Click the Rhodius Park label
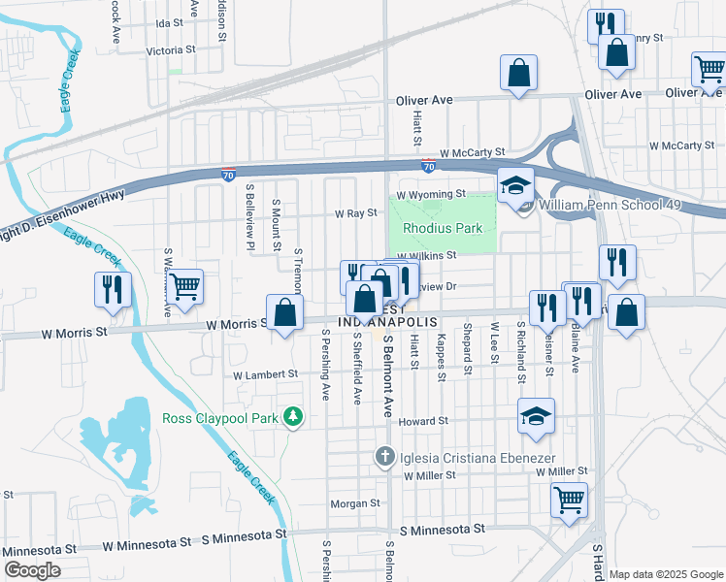[x=437, y=229]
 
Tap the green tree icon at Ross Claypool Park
[x=292, y=417]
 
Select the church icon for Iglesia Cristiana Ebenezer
[x=385, y=456]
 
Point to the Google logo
[x=32, y=569]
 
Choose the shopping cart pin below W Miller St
[x=569, y=501]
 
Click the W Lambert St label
[x=265, y=374]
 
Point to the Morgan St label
[x=354, y=503]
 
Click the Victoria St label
[x=170, y=49]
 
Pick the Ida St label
[x=169, y=22]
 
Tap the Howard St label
[x=422, y=422]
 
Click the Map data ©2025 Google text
[x=665, y=574]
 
